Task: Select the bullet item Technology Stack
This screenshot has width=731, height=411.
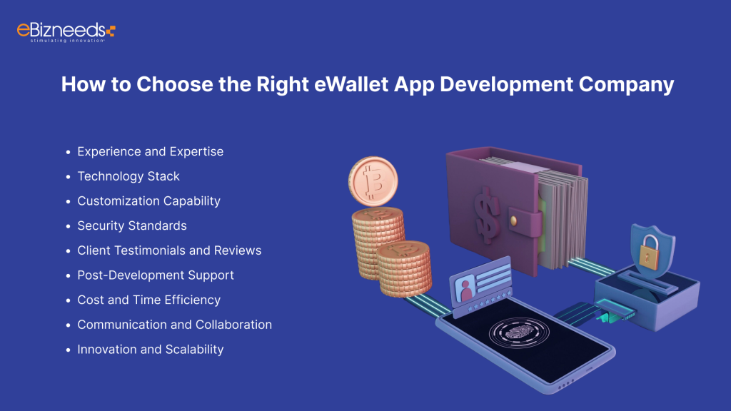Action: (x=128, y=176)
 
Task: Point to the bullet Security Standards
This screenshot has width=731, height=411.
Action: (x=132, y=225)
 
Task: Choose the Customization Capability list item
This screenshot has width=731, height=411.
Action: (x=148, y=201)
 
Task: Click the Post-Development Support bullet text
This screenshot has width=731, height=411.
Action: (x=156, y=275)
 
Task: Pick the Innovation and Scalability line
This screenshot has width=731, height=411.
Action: (x=151, y=349)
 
